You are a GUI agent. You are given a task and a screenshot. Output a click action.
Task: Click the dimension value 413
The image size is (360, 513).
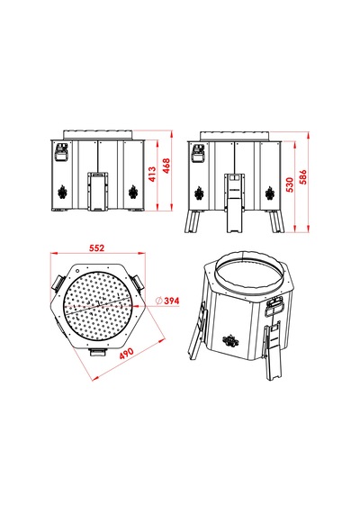[152, 175]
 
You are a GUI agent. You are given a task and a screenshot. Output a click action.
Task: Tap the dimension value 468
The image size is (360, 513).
[166, 166]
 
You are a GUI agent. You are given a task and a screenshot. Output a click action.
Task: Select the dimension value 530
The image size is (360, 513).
[290, 184]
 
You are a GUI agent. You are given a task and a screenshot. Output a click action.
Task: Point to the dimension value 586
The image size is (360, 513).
[303, 177]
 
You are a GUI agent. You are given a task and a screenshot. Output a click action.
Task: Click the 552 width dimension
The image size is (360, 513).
[97, 247]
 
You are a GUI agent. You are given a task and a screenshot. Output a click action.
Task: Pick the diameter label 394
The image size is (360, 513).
[168, 301]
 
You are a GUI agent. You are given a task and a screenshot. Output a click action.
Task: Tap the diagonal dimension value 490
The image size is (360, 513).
[126, 354]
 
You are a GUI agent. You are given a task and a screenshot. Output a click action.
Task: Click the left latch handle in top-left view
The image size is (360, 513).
[61, 152]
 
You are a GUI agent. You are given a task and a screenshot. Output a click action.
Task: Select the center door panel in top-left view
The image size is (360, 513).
[98, 192]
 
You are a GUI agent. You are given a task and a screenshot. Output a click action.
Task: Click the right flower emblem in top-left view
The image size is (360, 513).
[133, 192]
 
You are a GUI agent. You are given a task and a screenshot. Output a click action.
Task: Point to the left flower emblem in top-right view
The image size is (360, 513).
[199, 193]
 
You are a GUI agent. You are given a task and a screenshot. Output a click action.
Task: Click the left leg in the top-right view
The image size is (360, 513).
[192, 221]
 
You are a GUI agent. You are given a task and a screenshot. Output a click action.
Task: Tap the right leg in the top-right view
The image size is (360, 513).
[276, 221]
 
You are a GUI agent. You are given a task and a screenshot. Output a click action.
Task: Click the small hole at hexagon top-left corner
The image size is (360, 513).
[77, 271]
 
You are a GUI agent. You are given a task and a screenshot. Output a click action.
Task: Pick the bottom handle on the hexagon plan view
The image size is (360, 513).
[98, 352]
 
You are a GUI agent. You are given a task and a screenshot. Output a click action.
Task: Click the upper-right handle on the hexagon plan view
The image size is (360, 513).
[137, 282]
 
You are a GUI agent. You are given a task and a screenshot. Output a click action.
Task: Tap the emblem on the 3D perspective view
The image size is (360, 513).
[229, 341]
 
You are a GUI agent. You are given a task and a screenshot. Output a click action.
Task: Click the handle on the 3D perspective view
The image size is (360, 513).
[274, 307]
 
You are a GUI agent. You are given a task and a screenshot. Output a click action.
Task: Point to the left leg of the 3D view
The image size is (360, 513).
[197, 331]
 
